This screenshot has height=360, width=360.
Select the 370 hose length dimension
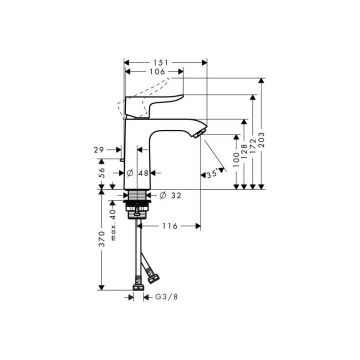tap(100, 255)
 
